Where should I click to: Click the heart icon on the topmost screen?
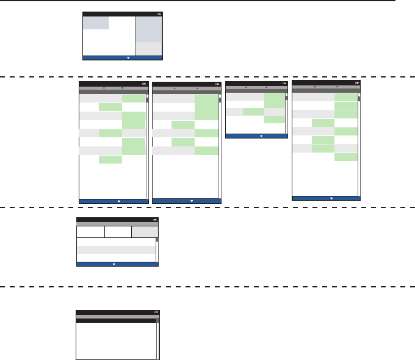[x=128, y=58]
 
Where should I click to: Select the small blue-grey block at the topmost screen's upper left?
[x=96, y=23]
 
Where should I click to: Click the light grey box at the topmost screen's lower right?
[x=148, y=48]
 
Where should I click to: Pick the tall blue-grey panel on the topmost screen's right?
[x=148, y=29]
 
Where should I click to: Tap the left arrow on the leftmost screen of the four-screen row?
[x=103, y=88]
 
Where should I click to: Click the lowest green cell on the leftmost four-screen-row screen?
[x=110, y=160]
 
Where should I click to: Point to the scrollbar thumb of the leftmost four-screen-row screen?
[x=147, y=99]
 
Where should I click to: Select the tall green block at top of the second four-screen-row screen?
[x=206, y=106]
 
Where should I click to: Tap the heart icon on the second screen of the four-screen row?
[x=192, y=200]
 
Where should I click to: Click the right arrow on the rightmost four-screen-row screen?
[x=337, y=87]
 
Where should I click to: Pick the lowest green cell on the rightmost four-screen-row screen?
[x=346, y=157]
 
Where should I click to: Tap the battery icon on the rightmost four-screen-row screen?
[x=357, y=82]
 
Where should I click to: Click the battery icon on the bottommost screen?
[x=156, y=312]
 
